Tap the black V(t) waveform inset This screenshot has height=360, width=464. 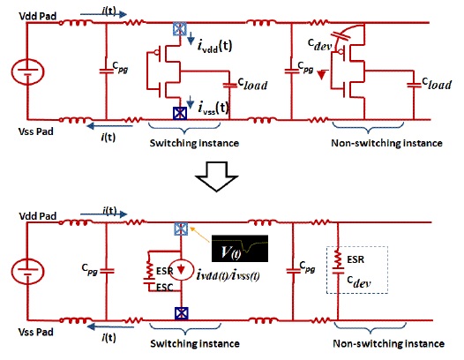240,249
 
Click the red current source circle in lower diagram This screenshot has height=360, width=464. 181,270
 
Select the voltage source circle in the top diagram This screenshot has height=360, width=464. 28,71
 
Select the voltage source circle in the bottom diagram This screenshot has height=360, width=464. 28,272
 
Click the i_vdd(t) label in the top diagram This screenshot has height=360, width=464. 214,46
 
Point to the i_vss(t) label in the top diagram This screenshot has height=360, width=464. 213,108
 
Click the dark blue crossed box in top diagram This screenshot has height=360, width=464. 180,113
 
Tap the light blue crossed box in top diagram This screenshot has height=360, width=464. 180,29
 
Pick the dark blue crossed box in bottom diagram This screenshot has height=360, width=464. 182,314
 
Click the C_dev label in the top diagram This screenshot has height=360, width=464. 319,44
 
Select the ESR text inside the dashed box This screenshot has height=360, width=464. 355,259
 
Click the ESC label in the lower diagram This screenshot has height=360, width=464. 165,287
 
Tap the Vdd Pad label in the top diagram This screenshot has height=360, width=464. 38,16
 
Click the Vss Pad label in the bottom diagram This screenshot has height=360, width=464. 36,332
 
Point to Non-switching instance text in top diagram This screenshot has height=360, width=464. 386,143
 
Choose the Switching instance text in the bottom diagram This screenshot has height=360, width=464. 195,343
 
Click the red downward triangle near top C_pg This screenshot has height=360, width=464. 322,75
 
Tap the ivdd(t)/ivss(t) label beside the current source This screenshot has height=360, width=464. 228,275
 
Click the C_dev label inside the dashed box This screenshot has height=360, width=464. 359,281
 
